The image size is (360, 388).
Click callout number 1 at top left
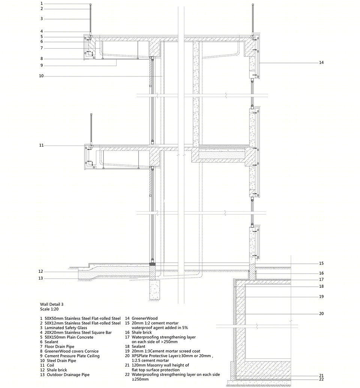(x=42, y=3)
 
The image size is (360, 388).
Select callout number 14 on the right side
(x=321, y=63)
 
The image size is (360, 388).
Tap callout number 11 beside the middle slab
(x=41, y=145)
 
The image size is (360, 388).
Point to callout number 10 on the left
(x=41, y=76)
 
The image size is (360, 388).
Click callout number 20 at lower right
(x=321, y=314)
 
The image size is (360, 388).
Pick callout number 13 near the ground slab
(x=40, y=278)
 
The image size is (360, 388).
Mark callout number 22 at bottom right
(x=321, y=379)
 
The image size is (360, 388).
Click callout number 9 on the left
(x=42, y=65)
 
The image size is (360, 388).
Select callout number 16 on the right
(x=321, y=273)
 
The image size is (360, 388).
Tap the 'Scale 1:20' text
(x=49, y=309)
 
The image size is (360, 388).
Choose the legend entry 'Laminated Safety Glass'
(x=66, y=328)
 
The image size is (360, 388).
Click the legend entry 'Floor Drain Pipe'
(x=59, y=346)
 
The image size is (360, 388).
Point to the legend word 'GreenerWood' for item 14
(x=144, y=319)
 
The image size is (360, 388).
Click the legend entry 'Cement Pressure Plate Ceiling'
(x=72, y=356)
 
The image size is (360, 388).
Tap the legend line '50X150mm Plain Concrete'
(x=69, y=337)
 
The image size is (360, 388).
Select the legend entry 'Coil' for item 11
(x=50, y=365)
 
